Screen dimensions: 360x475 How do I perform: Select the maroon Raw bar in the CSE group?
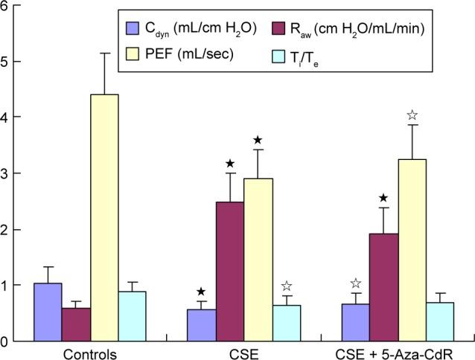pyautogui.click(x=230, y=271)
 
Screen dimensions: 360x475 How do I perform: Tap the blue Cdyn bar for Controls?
pyautogui.click(x=48, y=312)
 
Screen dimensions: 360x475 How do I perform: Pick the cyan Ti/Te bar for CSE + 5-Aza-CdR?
pyautogui.click(x=440, y=321)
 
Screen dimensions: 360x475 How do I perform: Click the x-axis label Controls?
pyautogui.click(x=90, y=353)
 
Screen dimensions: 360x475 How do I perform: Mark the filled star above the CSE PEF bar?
pyautogui.click(x=258, y=140)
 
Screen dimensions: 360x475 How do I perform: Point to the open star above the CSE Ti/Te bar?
pyautogui.click(x=286, y=287)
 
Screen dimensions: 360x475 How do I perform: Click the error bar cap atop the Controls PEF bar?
pyautogui.click(x=104, y=53)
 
